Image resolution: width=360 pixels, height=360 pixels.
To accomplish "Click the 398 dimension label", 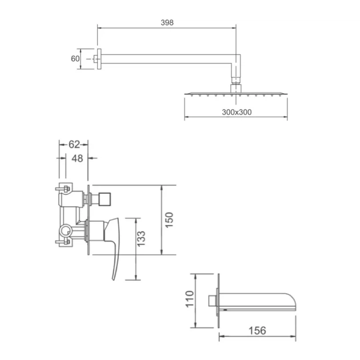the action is pyautogui.click(x=167, y=22).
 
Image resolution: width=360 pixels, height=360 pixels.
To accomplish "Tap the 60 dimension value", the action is pyautogui.click(x=75, y=59).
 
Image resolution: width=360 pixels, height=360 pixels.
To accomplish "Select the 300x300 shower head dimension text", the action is pyautogui.click(x=237, y=112).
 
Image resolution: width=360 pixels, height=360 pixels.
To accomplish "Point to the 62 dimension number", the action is pyautogui.click(x=74, y=145).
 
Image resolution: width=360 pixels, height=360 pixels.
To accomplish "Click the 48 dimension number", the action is pyautogui.click(x=77, y=158).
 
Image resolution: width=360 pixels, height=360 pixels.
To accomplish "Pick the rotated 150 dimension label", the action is pyautogui.click(x=169, y=220).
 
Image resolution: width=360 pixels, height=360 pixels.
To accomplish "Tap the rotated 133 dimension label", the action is pyautogui.click(x=141, y=239).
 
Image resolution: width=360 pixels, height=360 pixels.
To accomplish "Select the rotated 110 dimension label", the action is pyautogui.click(x=190, y=299).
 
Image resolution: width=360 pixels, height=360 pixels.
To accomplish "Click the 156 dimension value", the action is pyautogui.click(x=257, y=331).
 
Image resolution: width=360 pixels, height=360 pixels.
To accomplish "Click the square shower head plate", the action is pyautogui.click(x=236, y=94).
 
